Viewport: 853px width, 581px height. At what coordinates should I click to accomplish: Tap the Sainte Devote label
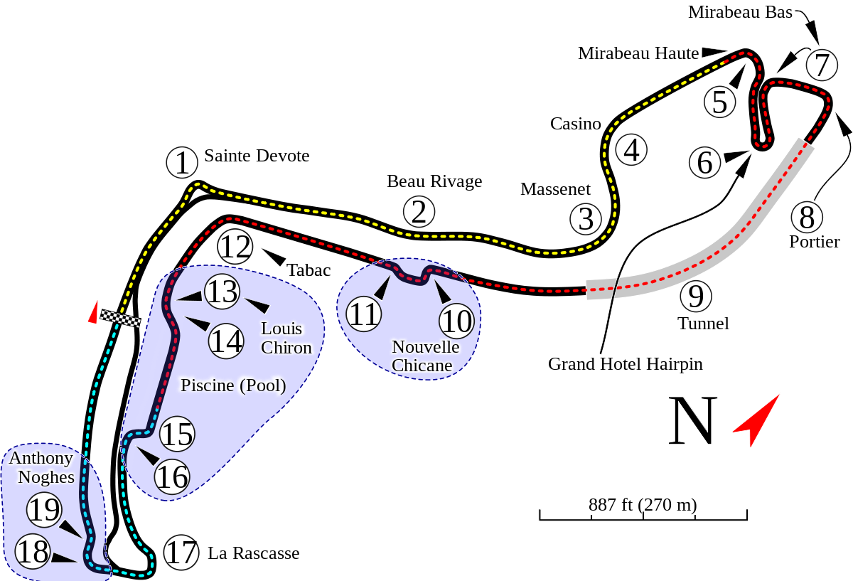[257, 155]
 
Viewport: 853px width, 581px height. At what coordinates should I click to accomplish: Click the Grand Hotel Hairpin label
[625, 364]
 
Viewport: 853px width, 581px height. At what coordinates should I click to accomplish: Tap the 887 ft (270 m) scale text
[643, 504]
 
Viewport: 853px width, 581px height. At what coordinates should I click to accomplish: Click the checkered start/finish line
[119, 319]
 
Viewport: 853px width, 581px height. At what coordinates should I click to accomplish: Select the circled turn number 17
[181, 553]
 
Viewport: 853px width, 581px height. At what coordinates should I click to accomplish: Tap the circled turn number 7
[822, 65]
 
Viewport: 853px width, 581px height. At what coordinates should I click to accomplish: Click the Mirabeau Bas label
[739, 12]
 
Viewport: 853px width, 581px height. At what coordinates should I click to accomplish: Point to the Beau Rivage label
[434, 181]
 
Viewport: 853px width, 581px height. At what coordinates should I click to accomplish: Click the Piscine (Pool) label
[232, 385]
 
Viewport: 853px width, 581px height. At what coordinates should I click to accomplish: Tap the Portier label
[813, 241]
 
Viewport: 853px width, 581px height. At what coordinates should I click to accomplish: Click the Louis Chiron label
[286, 338]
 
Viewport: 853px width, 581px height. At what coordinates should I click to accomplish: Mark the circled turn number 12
[235, 247]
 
